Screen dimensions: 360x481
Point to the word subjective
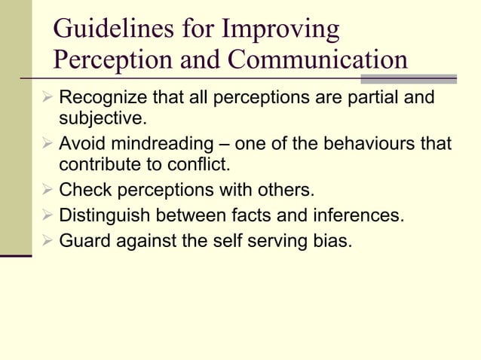pyautogui.click(x=102, y=119)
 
